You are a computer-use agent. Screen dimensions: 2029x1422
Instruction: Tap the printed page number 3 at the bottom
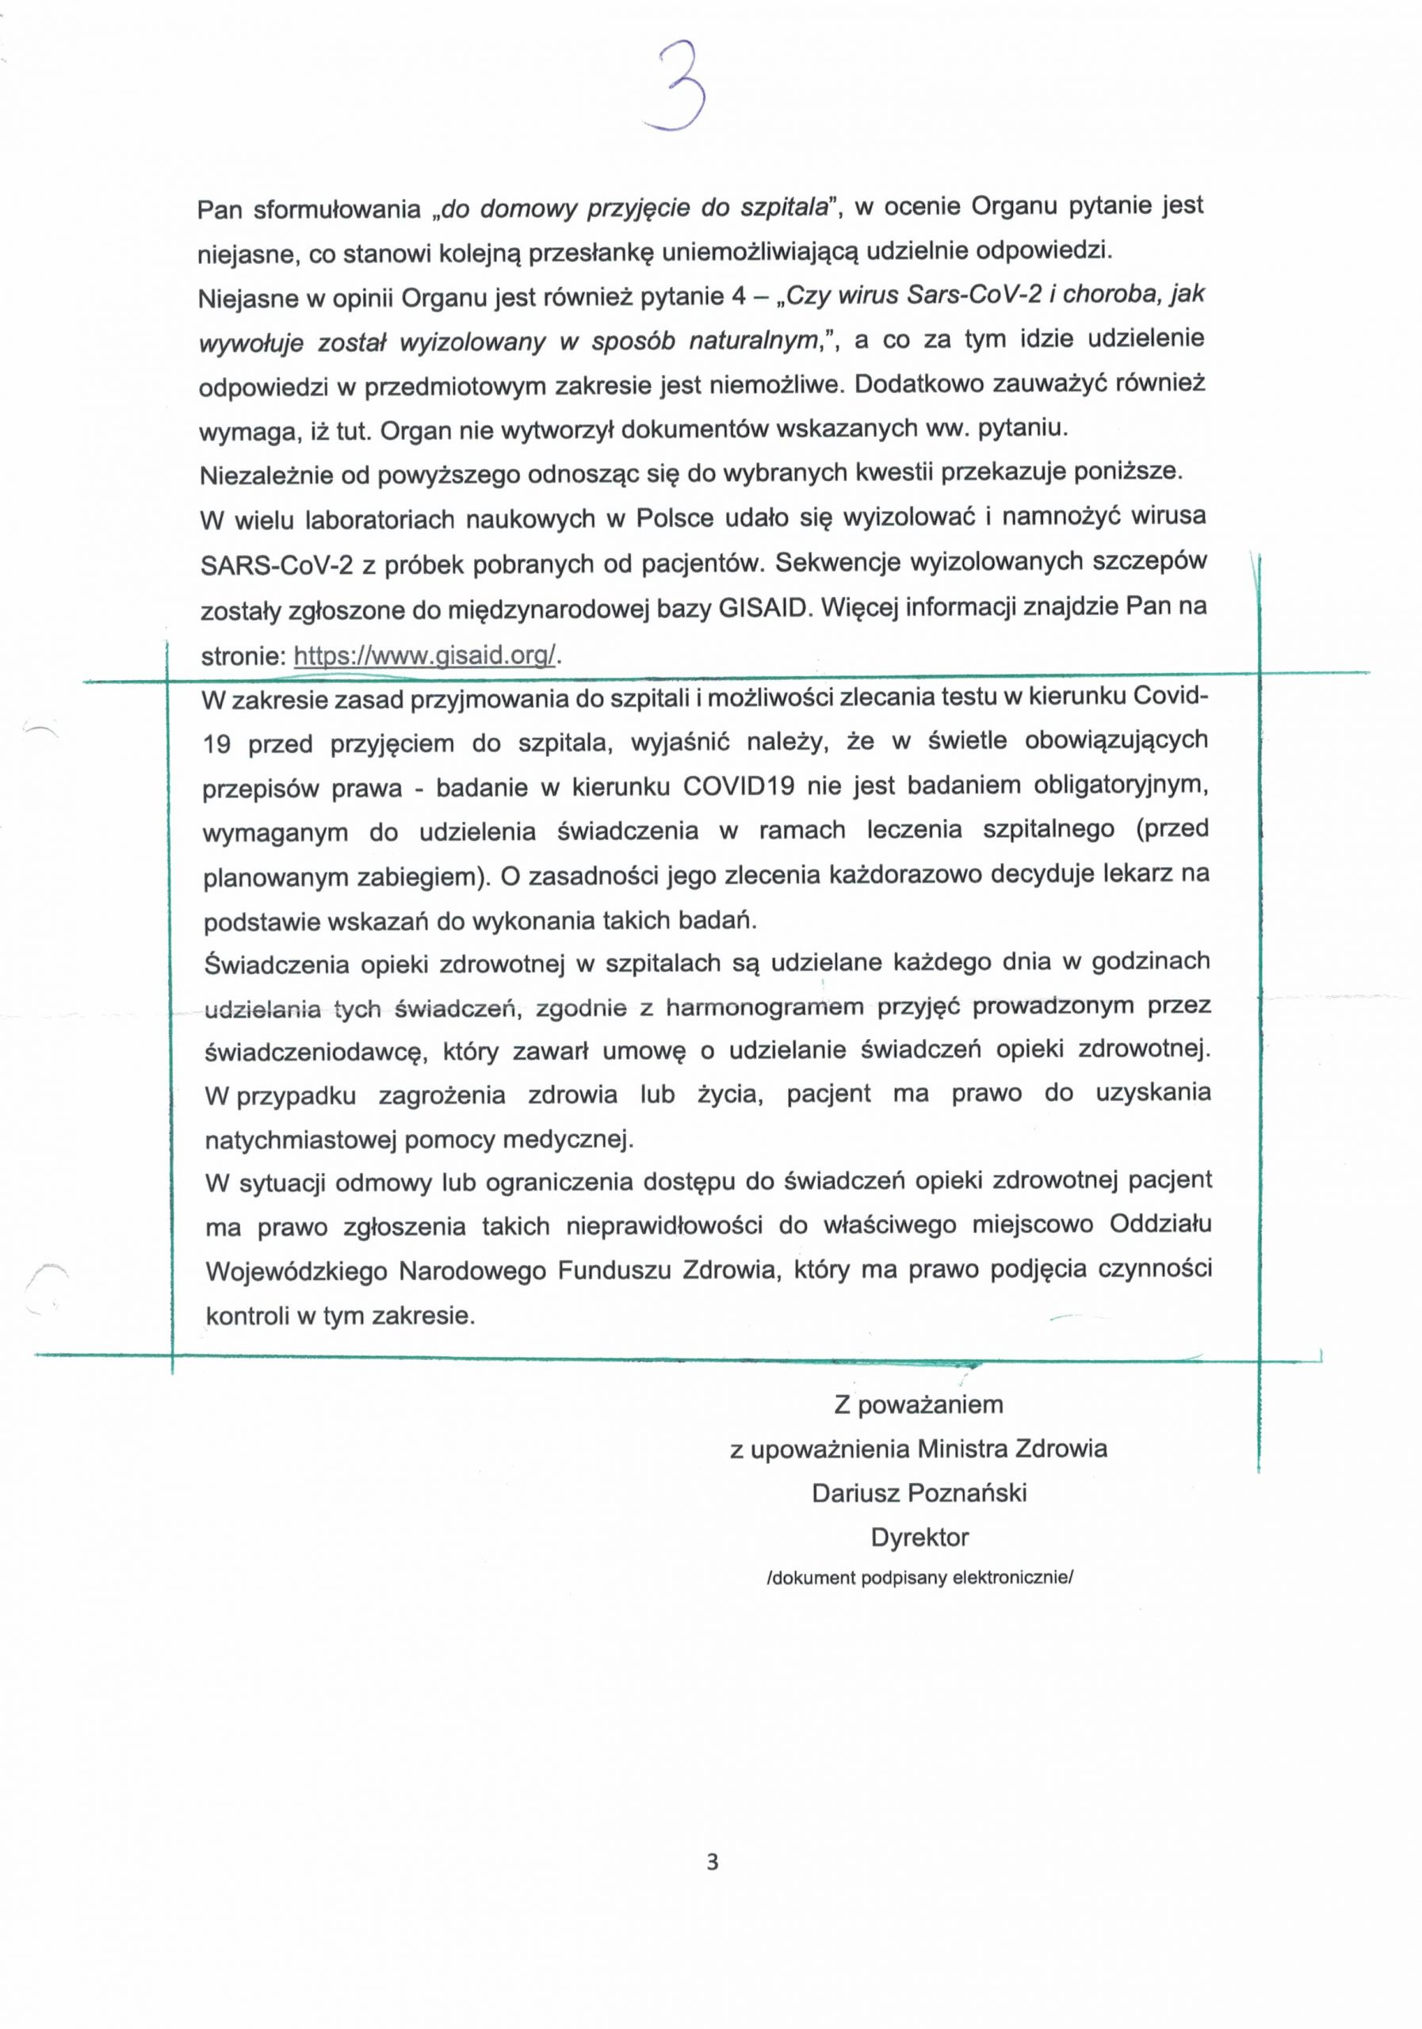pos(713,1862)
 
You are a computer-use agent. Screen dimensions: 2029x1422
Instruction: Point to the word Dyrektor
pos(919,1537)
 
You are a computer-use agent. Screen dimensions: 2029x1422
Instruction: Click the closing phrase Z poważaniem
pos(919,1404)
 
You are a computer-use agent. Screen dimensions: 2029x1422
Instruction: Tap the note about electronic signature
pos(919,1578)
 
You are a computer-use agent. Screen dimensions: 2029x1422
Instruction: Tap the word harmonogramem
pos(763,1007)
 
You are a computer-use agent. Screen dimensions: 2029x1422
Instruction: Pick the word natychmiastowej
pos(301,1140)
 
